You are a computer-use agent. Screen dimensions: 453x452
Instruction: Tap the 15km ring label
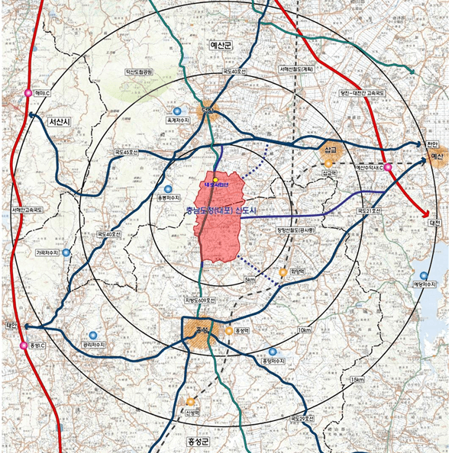click(356, 380)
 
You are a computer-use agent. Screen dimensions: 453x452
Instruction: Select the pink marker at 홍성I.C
click(23, 345)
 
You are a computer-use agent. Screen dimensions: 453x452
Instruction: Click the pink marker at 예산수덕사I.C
click(388, 166)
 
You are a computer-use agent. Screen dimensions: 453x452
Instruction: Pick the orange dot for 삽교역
click(328, 162)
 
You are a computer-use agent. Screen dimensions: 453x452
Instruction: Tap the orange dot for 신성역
click(190, 402)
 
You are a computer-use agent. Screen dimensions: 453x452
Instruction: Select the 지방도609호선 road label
click(199, 300)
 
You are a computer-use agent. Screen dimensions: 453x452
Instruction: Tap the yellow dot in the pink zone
click(216, 180)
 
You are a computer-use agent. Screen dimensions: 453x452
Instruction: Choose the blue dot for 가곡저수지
click(66, 252)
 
